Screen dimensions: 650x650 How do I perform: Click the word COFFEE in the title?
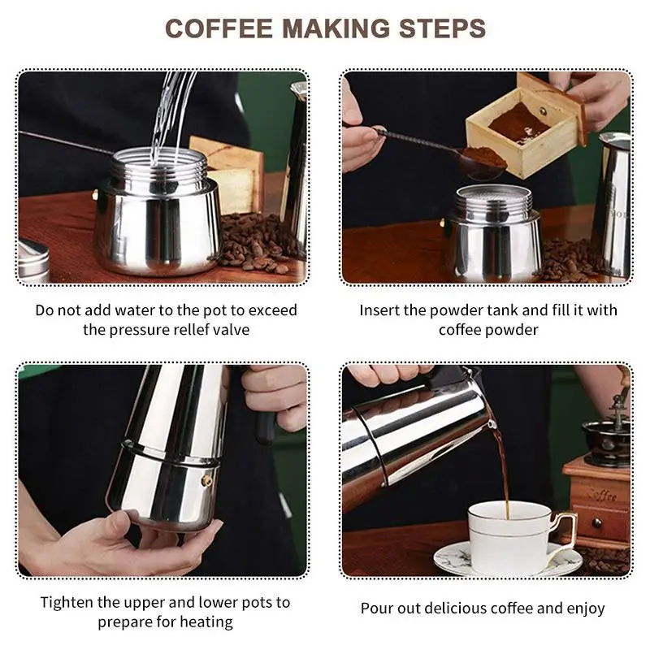219,28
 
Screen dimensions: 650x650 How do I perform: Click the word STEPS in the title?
442,28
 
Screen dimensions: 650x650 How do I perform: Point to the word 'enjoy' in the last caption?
585,609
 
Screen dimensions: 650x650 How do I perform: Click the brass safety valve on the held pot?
206,481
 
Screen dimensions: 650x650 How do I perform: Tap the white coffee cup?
514,537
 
